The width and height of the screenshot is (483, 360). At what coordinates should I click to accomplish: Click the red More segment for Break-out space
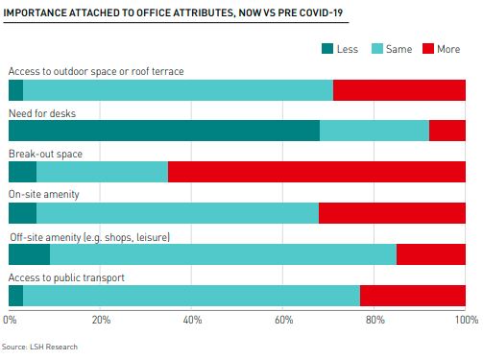coord(317,172)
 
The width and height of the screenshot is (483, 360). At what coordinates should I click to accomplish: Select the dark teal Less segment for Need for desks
coord(163,131)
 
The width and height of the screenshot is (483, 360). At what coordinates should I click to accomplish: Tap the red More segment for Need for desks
coord(447,131)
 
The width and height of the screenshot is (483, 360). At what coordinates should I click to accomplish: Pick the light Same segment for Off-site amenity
coord(223,254)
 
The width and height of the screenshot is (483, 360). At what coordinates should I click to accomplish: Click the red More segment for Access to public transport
coord(413,296)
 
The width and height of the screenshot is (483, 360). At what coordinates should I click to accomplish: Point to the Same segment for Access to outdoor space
coord(178,90)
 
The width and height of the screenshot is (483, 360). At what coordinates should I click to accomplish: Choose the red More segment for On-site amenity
coord(392,213)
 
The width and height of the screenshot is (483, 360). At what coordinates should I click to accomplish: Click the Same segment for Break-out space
coord(102,172)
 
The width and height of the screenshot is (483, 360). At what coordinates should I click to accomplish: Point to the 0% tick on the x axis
coord(11,319)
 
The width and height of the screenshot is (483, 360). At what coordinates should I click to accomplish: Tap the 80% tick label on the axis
coord(374,319)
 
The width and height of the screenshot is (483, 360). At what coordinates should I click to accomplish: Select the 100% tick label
coord(465,319)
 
